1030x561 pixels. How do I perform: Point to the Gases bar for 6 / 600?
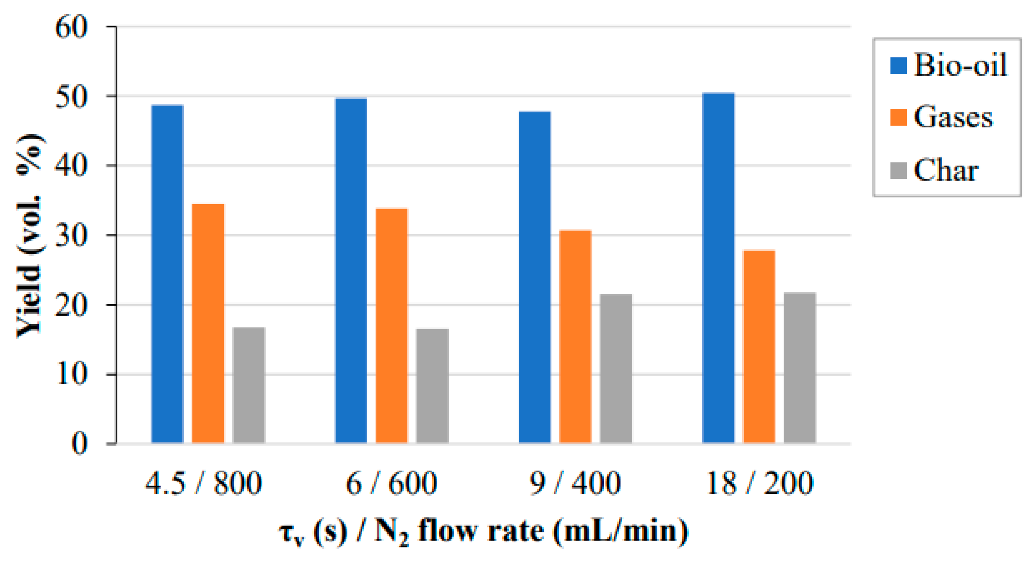(391, 326)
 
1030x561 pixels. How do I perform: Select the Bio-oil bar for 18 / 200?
(718, 268)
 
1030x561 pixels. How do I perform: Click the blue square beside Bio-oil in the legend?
(899, 66)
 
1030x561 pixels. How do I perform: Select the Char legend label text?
(946, 170)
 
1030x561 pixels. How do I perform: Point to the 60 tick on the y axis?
(71, 27)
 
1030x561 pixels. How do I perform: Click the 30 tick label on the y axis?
(71, 235)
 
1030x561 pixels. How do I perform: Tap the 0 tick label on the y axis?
(79, 443)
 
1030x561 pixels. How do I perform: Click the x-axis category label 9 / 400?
(575, 484)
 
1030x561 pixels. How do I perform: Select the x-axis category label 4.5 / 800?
(203, 484)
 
